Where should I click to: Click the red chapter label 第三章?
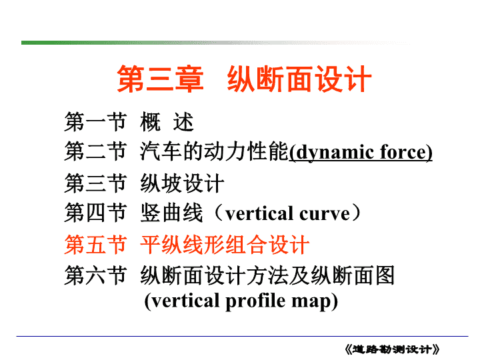pyautogui.click(x=160, y=79)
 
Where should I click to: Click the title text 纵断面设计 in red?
pyautogui.click(x=299, y=79)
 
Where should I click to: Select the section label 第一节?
pyautogui.click(x=95, y=121)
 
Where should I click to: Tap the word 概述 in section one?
pyautogui.click(x=167, y=121)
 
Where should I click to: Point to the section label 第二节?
pyautogui.click(x=95, y=151)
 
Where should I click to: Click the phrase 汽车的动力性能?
pyautogui.click(x=214, y=151)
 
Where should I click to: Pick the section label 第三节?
pyautogui.click(x=95, y=183)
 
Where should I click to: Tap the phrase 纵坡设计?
pyautogui.click(x=182, y=183)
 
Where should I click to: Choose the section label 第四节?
pyautogui.click(x=95, y=213)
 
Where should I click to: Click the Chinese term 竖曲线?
pyautogui.click(x=171, y=213)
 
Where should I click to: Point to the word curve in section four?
pyautogui.click(x=325, y=214)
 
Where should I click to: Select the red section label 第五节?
pyautogui.click(x=95, y=245)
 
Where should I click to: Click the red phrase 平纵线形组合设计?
pyautogui.click(x=225, y=245)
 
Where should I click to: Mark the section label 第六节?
pyautogui.click(x=95, y=275)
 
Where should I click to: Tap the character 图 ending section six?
pyautogui.click(x=385, y=275)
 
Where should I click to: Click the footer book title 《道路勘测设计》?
pyautogui.click(x=392, y=349)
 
